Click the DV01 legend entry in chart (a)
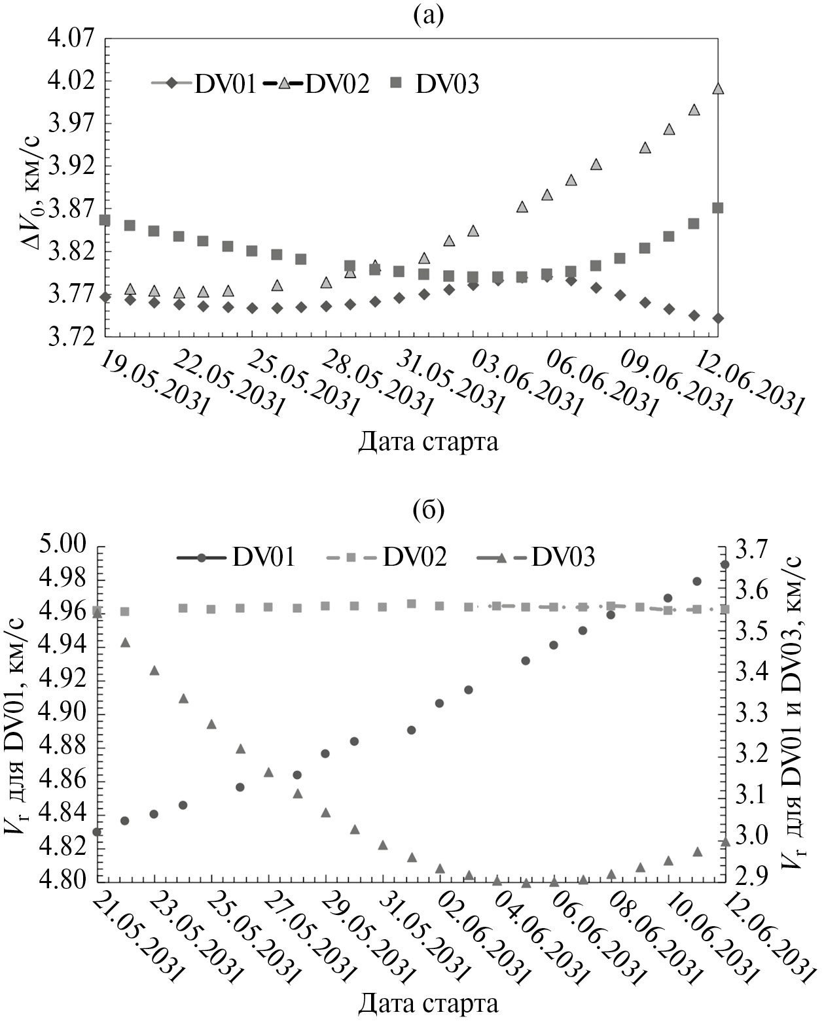click(203, 84)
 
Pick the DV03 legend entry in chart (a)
click(435, 84)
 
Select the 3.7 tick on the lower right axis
click(753, 549)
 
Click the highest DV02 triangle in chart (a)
click(718, 88)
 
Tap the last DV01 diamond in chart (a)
click(718, 319)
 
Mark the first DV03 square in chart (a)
click(105, 220)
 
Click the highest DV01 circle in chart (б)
click(725, 564)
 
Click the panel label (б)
click(429, 509)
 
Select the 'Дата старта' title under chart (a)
click(428, 442)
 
